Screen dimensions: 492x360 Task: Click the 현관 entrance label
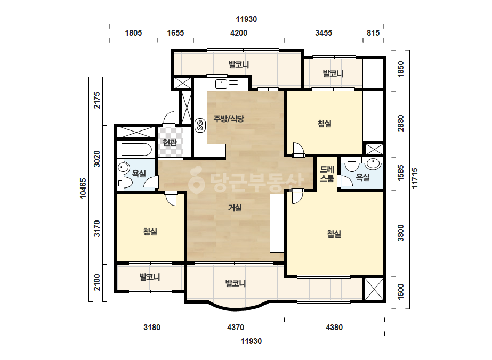point(170,143)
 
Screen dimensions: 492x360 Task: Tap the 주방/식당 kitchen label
point(229,119)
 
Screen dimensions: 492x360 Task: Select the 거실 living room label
point(235,207)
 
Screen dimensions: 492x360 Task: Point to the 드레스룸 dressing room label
point(327,174)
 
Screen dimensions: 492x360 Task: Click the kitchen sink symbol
point(221,84)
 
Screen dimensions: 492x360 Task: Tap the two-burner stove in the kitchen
point(200,126)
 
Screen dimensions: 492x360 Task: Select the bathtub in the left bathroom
point(137,150)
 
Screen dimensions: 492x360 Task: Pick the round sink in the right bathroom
point(373,163)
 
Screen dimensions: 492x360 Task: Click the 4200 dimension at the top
point(239,32)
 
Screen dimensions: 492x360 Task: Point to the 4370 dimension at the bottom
point(235,328)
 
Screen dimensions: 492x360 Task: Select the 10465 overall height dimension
point(83,188)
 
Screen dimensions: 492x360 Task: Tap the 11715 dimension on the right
point(415,178)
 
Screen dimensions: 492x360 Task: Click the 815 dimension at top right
point(373,32)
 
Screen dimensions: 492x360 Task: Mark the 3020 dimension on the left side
point(97,159)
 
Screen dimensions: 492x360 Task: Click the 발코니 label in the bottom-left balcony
point(150,277)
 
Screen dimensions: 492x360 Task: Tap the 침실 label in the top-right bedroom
point(325,123)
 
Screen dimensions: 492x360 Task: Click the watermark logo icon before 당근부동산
point(196,181)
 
